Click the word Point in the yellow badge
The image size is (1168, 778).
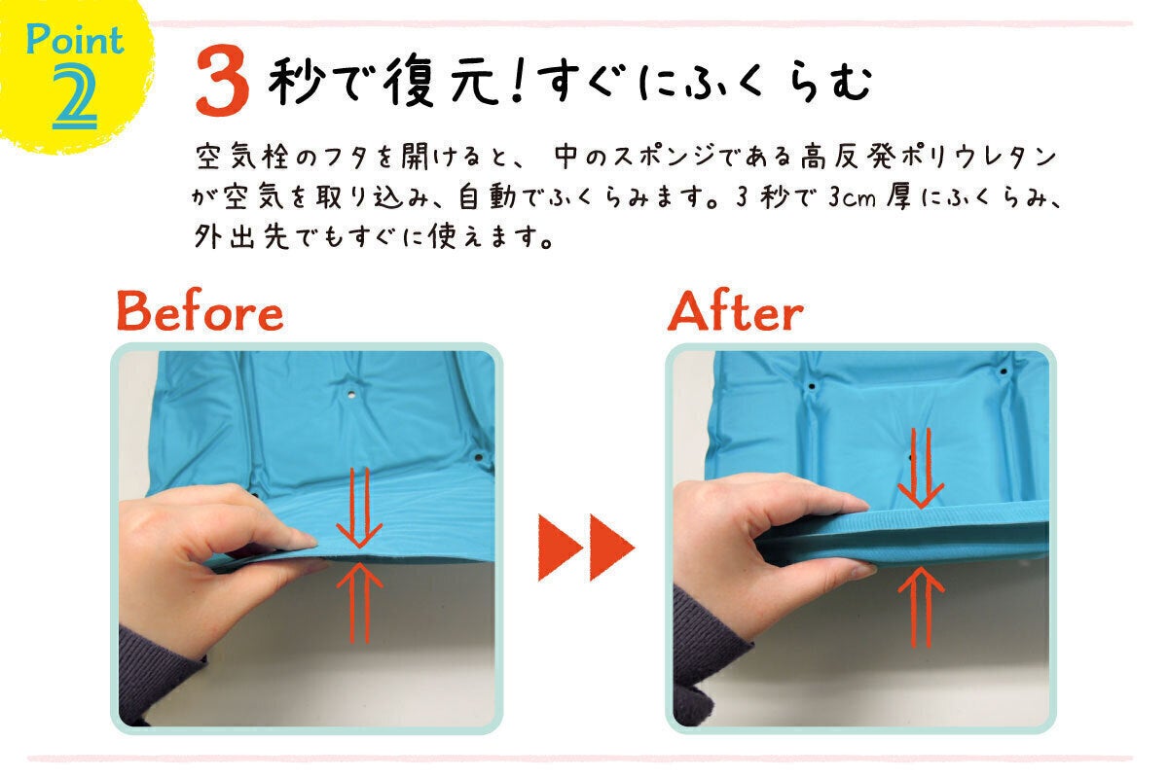pos(75,41)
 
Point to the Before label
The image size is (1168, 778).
pos(200,313)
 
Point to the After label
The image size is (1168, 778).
pos(736,313)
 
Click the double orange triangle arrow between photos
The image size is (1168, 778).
pos(586,547)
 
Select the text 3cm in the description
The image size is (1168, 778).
pos(855,197)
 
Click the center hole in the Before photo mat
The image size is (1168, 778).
pos(350,396)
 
